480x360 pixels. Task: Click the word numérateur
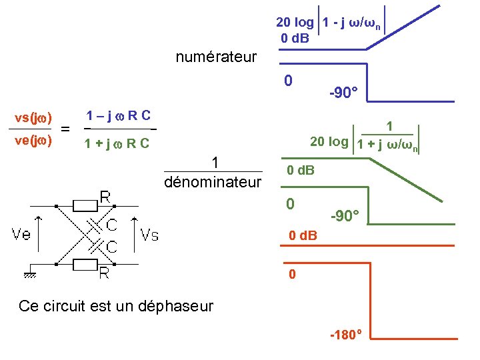pyautogui.click(x=215, y=57)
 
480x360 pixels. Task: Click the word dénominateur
pyautogui.click(x=213, y=181)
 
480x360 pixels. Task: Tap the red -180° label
pyautogui.click(x=345, y=333)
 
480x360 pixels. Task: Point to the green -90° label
pyautogui.click(x=345, y=215)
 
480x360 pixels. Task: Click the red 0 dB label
pyautogui.click(x=303, y=236)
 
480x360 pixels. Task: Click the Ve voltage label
pyautogui.click(x=22, y=234)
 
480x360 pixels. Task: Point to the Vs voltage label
pyautogui.click(x=149, y=234)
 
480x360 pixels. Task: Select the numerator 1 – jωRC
pyautogui.click(x=117, y=115)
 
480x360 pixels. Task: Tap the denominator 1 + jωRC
pyautogui.click(x=117, y=143)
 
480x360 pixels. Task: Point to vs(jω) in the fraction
pyautogui.click(x=34, y=118)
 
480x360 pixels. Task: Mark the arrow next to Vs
pyautogui.click(x=133, y=234)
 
